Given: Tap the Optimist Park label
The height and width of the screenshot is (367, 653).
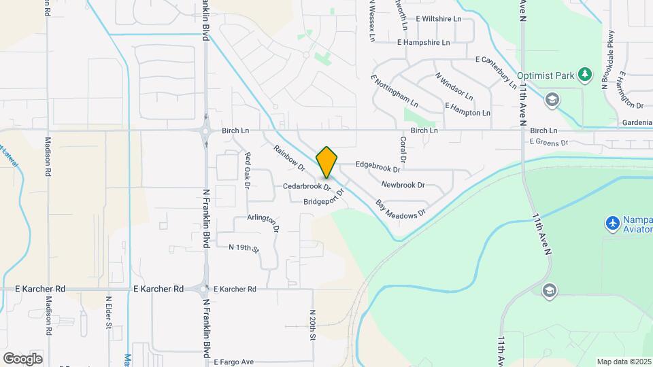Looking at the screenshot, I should click(547, 75).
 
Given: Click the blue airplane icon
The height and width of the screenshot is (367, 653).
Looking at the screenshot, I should click(612, 222).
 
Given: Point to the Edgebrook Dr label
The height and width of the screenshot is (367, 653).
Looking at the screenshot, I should click(378, 166).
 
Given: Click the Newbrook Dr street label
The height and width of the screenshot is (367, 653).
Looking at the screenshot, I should click(403, 185).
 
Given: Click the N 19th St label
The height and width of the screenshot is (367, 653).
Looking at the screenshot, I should click(244, 248).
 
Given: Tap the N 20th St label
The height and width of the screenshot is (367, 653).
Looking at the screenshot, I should click(312, 321).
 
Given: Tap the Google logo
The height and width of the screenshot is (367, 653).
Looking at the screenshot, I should click(22, 358).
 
